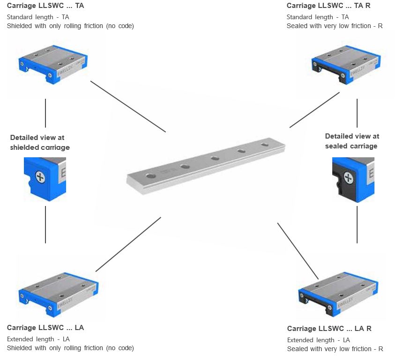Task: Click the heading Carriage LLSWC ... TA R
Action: pyautogui.click(x=329, y=6)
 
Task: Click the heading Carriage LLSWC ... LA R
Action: pyautogui.click(x=329, y=329)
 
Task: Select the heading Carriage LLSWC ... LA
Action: pyautogui.click(x=45, y=328)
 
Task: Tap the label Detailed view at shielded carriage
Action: pyautogui.click(x=40, y=142)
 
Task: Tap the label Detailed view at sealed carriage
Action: pyautogui.click(x=351, y=141)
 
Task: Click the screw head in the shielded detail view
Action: pyautogui.click(x=41, y=178)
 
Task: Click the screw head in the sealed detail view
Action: pyautogui.click(x=348, y=177)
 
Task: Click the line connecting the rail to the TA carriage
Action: pyautogui.click(x=128, y=106)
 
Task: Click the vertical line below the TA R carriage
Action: pyautogui.click(x=357, y=113)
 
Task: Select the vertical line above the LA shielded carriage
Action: pyautogui.click(x=45, y=224)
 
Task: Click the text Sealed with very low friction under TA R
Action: pyautogui.click(x=335, y=26)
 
